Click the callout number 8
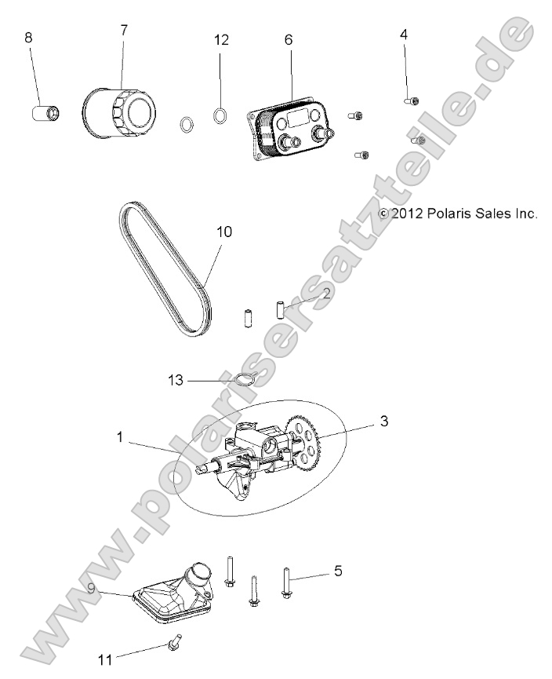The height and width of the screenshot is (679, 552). point(29,37)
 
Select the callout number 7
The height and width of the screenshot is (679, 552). point(124,30)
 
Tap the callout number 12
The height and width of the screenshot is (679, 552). point(222,40)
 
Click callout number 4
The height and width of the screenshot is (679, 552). point(404,35)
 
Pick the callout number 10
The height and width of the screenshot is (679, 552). point(225,232)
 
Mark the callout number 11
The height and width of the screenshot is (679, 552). point(105,659)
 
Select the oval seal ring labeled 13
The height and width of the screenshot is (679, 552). point(245,381)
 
